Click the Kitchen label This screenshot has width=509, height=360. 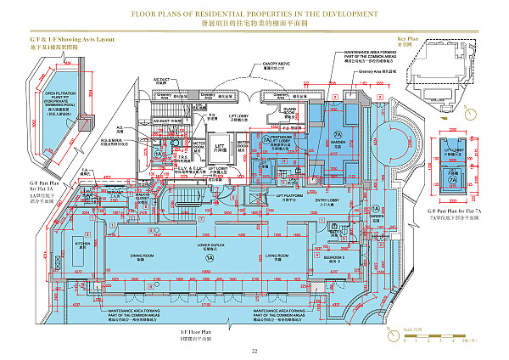[x=83, y=245]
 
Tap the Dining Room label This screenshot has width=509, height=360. [x=142, y=256]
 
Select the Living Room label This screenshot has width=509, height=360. [x=274, y=256]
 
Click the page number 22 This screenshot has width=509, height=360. [x=254, y=350]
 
